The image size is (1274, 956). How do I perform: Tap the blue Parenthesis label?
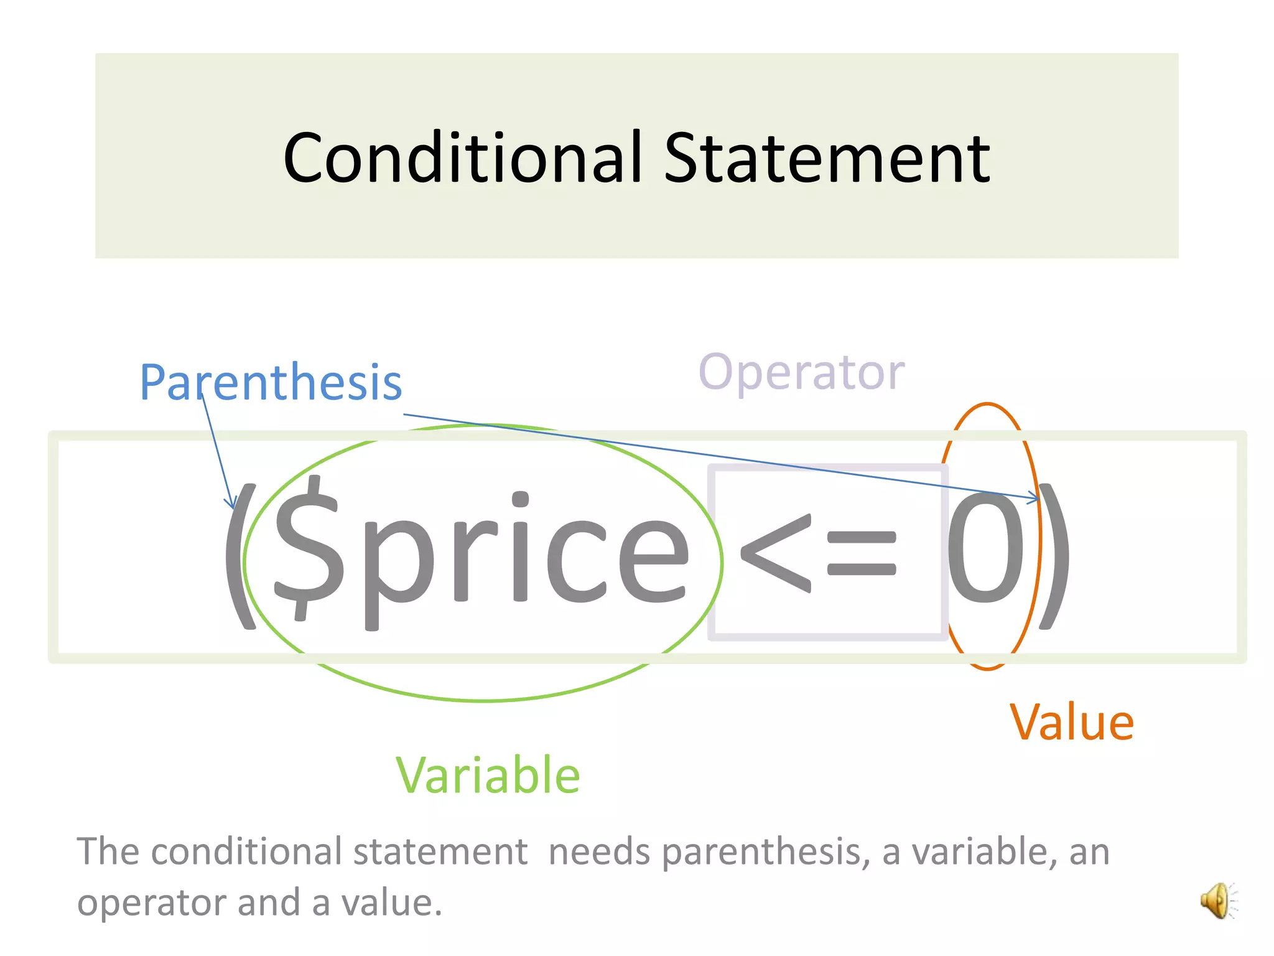pyautogui.click(x=271, y=382)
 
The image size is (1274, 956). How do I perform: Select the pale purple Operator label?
pyautogui.click(x=802, y=372)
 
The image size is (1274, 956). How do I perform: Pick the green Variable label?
pyautogui.click(x=488, y=775)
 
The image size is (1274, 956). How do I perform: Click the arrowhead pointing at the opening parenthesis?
pyautogui.click(x=231, y=503)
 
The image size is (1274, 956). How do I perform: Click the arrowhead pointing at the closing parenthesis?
pyautogui.click(x=1033, y=498)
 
